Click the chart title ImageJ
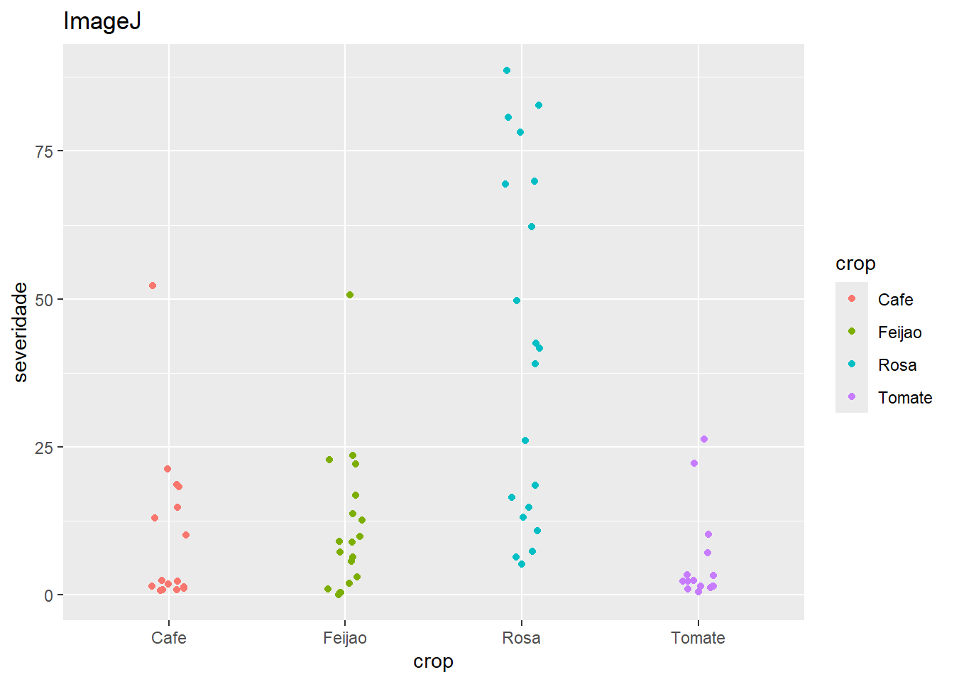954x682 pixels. (102, 22)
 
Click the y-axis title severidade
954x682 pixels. (21, 332)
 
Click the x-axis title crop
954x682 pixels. (433, 661)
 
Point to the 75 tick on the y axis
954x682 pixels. (44, 151)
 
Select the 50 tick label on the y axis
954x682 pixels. (44, 300)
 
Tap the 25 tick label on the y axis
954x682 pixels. (44, 448)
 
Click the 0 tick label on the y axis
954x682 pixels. (48, 596)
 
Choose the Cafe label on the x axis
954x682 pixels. (169, 638)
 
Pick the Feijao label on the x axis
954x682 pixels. (345, 638)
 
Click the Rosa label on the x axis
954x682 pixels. (521, 638)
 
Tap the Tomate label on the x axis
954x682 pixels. (698, 638)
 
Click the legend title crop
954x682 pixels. (855, 264)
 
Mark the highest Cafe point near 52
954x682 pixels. (153, 286)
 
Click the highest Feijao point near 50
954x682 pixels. (350, 295)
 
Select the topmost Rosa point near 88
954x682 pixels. (507, 70)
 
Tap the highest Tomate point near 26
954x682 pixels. (704, 439)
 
